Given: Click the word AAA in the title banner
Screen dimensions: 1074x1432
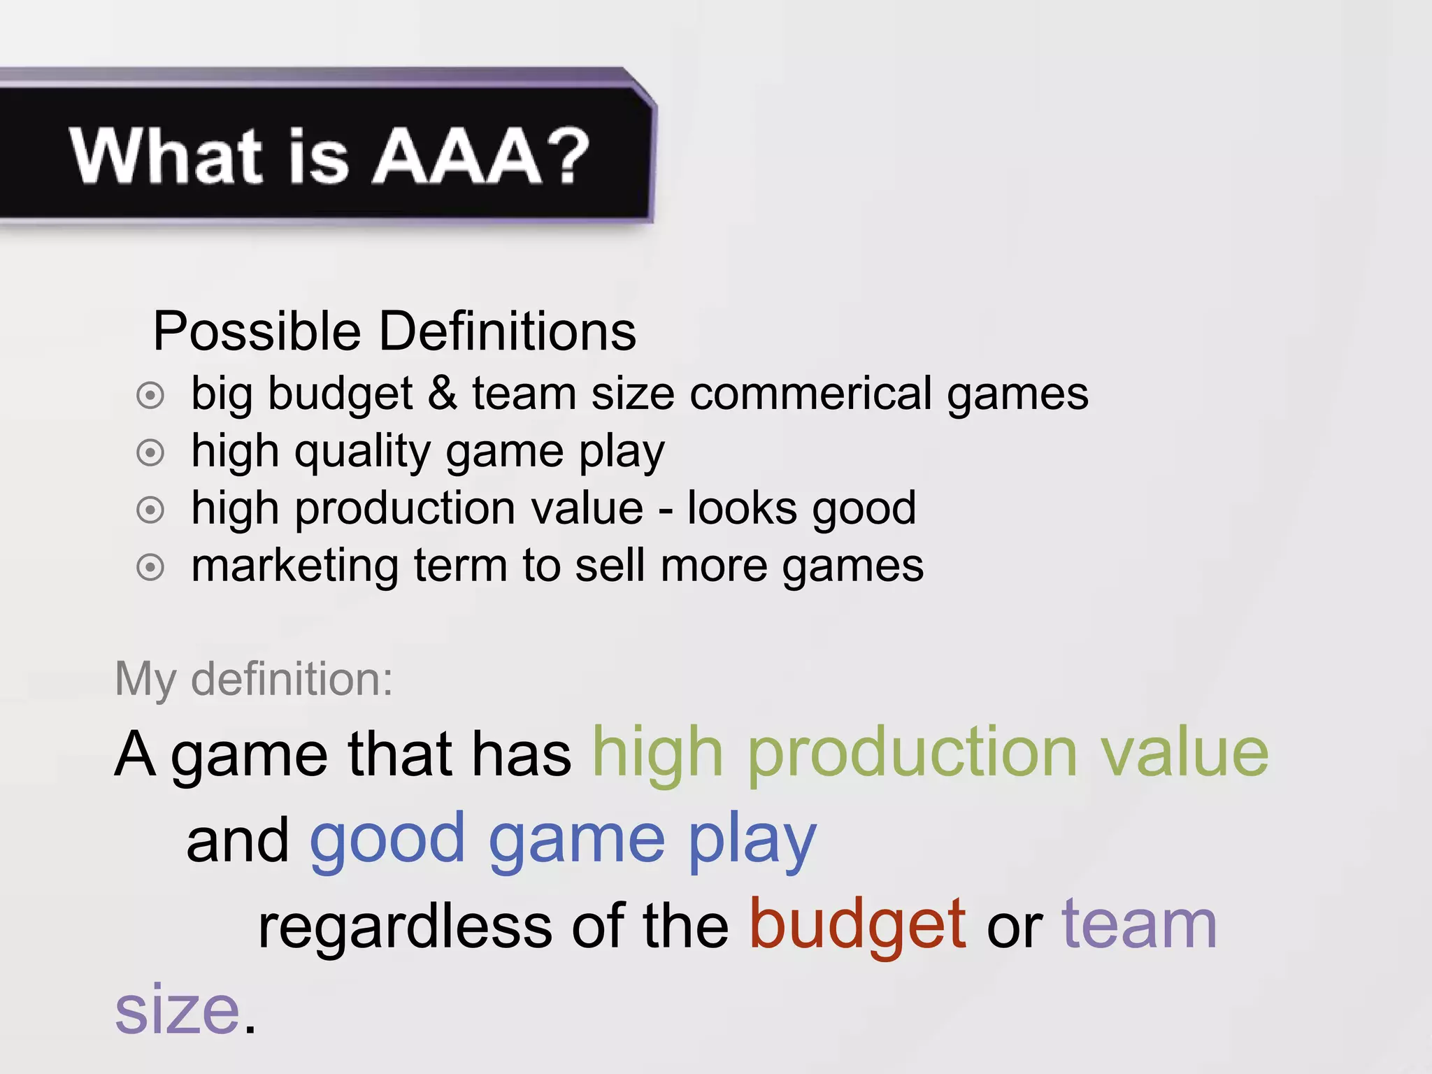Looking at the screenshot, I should pos(457,157).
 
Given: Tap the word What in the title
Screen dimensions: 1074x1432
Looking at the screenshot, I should pos(166,157).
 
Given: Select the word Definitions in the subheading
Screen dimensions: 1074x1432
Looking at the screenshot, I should pos(508,331).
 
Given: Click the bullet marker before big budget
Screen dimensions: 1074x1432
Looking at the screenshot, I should pos(150,396).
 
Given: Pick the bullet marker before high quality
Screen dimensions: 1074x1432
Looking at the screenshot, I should pos(150,453).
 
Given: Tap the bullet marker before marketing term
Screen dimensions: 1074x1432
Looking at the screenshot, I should pos(150,567).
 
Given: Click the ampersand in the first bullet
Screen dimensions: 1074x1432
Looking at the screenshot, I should pos(442,393).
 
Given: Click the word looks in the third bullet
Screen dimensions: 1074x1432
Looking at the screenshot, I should pos(742,508).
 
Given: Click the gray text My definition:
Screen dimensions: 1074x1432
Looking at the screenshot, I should pos(254,679).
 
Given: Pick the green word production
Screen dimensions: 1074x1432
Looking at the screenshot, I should pos(912,755).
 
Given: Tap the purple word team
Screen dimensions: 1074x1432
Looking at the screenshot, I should pos(1139,926).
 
